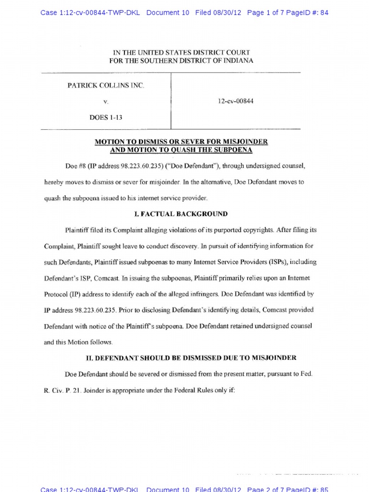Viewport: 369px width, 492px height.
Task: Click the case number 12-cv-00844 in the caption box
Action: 235,101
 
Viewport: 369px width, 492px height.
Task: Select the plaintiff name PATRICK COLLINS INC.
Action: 106,86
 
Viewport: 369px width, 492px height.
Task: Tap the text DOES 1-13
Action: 106,117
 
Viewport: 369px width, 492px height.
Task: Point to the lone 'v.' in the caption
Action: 106,102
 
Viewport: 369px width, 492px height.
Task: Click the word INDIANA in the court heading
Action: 237,61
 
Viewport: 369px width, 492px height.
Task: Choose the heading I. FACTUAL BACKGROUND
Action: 181,214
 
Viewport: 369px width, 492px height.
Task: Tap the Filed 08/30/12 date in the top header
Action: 218,13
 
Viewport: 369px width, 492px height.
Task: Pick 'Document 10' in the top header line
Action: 167,13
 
